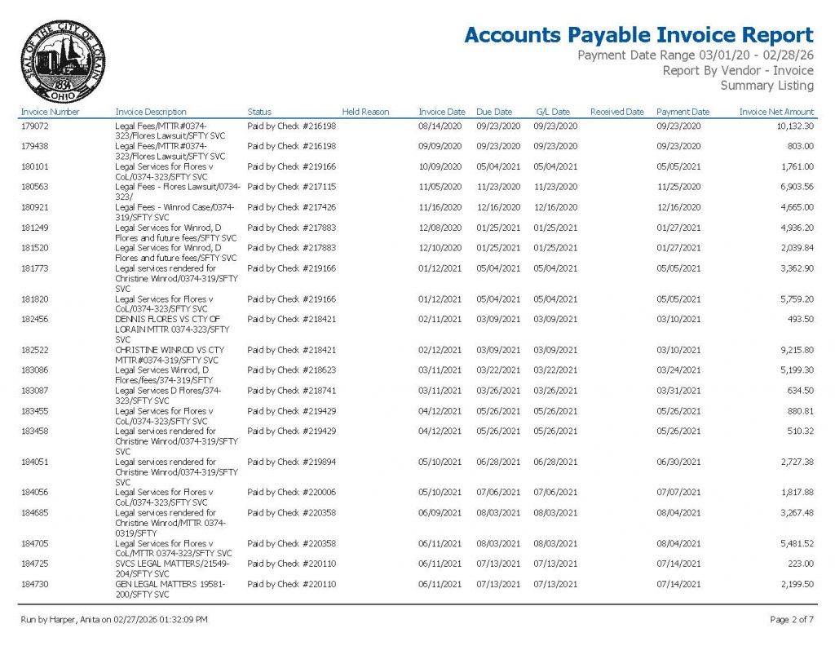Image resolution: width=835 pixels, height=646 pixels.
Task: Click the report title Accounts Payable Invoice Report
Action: tap(638, 35)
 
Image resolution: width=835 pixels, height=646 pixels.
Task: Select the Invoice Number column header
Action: tap(50, 112)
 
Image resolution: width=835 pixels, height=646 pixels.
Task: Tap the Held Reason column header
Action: tap(365, 112)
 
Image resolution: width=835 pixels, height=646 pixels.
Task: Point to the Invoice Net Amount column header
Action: tap(776, 112)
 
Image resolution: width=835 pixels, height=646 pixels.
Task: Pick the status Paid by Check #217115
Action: tap(291, 187)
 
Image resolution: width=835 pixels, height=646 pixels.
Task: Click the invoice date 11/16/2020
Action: tap(440, 207)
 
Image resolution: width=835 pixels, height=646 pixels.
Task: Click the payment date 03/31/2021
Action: tap(678, 391)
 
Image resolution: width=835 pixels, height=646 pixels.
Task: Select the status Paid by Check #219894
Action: tap(291, 462)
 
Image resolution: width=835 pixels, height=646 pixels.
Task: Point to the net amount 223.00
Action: tap(800, 564)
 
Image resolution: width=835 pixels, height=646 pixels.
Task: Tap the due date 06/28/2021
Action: tap(498, 462)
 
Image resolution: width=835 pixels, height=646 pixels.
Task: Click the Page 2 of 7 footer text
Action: tap(791, 620)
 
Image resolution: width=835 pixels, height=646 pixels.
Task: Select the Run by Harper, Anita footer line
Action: tap(113, 620)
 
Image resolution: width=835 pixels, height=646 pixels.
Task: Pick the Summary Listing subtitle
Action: tap(767, 86)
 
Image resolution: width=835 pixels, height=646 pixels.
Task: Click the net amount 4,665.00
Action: tap(797, 207)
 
